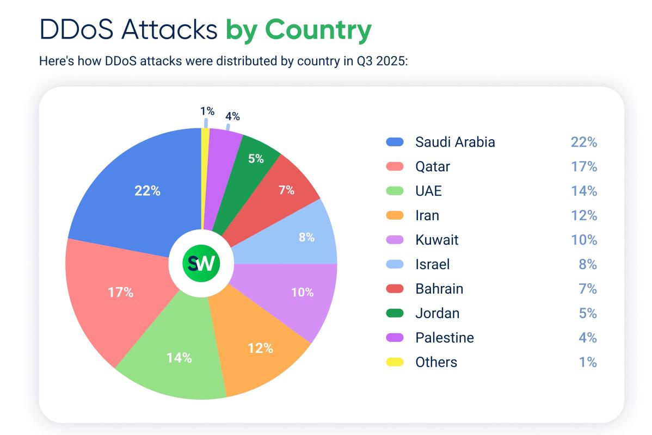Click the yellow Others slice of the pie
pos(205,179)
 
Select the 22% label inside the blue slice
pos(147,191)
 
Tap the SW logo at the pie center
pos(201,264)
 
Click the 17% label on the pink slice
pos(120,292)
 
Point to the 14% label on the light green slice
pos(179,357)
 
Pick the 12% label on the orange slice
pos(260,348)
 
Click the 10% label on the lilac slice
pos(302,292)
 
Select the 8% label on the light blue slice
pos(306,237)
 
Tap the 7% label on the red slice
pos(286,190)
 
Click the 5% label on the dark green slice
pos(256,159)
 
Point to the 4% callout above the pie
pos(232,116)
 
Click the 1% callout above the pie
pos(207,111)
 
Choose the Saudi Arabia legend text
pos(455,142)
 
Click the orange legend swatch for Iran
pos(395,215)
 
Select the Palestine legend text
pos(444,338)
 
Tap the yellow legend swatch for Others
pos(395,362)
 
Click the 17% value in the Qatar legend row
pos(583,166)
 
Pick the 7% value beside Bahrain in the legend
pos(588,289)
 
